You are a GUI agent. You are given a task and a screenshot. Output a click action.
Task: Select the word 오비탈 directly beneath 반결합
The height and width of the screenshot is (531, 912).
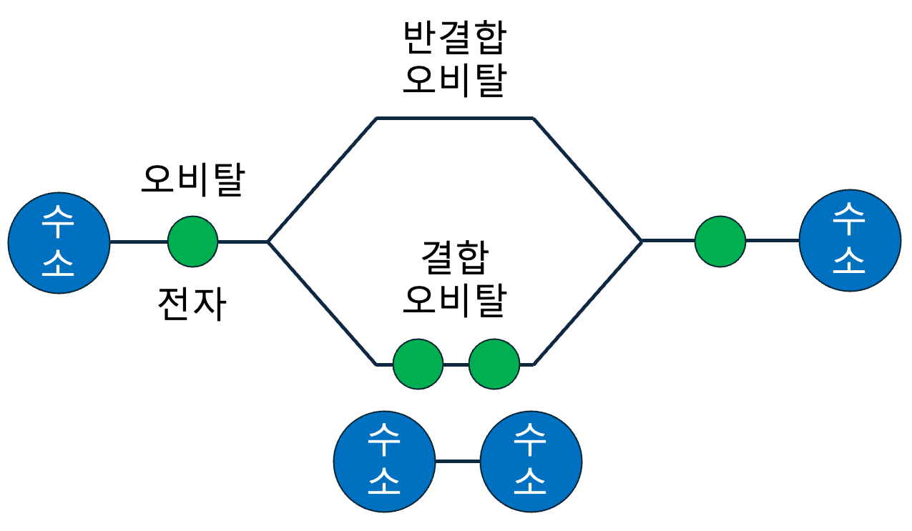pos(454,80)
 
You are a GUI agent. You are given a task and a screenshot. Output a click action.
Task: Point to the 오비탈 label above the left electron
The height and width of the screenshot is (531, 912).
pos(192,180)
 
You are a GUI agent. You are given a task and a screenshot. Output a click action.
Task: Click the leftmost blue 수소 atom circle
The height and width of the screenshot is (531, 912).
pos(59,242)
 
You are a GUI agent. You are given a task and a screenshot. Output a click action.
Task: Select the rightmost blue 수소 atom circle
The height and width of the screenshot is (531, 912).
pos(850,241)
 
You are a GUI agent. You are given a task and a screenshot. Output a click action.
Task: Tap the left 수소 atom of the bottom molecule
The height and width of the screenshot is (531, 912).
pos(385,461)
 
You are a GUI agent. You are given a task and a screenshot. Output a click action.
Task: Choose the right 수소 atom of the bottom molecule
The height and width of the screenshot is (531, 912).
pos(531,461)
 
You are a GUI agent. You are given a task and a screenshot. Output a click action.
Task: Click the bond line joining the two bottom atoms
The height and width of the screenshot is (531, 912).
pos(458,461)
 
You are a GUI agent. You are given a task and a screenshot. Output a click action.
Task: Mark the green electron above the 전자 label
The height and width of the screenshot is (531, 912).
pos(192,242)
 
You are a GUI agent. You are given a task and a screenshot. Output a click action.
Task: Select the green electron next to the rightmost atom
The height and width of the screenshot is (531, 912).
pos(720,241)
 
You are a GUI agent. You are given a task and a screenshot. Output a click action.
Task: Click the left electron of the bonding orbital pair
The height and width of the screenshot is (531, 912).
pos(418,364)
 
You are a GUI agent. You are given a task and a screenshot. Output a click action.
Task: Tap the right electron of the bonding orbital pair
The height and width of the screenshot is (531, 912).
pos(494,364)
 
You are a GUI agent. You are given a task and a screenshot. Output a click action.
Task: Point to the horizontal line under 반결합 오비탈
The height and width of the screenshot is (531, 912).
pos(455,117)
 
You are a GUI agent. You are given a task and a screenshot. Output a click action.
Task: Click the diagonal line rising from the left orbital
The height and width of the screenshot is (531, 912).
pos(322,179)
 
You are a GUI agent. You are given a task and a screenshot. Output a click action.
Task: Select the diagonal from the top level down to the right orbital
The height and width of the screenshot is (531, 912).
pos(587,179)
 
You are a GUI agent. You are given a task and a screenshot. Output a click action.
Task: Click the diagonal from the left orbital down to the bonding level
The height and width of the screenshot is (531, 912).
pos(322,303)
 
